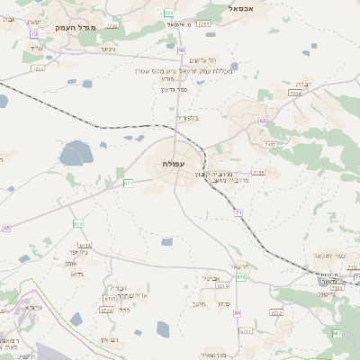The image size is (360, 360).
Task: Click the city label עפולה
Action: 173,164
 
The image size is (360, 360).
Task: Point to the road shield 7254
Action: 295,93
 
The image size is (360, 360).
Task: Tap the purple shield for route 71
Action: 238,212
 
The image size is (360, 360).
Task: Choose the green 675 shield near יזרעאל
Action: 241,277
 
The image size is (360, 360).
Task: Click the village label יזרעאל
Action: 238,266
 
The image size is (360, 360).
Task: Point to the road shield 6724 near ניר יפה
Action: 85,245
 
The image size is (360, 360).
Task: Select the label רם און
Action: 110,338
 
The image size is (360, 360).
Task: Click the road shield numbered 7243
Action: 203,22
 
